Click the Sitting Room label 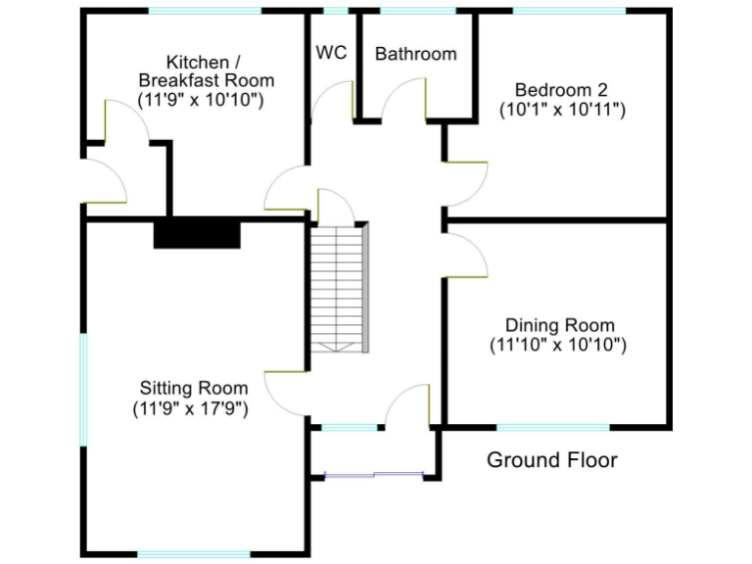(194, 388)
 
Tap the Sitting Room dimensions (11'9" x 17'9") (191, 408)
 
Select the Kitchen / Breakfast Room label (206, 70)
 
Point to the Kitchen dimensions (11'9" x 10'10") (203, 99)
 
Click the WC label (331, 53)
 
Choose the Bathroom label (415, 54)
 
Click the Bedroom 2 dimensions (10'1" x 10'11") (562, 110)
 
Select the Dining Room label (559, 325)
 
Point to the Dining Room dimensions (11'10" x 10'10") (558, 345)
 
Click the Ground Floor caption (551, 460)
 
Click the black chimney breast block (197, 233)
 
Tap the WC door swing (333, 100)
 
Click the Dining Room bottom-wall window (553, 427)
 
